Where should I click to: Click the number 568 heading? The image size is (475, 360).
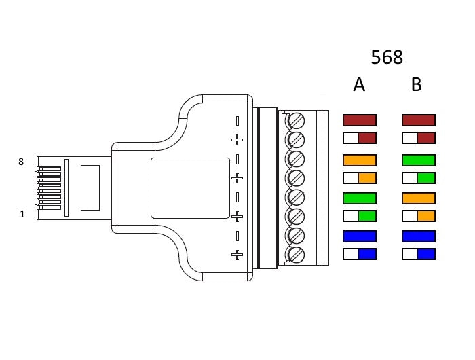(x=387, y=57)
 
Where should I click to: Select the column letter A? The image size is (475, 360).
(x=359, y=85)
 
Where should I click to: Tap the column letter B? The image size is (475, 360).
(x=417, y=85)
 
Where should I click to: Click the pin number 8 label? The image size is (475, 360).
(x=21, y=162)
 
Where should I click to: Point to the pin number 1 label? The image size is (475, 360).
(x=22, y=214)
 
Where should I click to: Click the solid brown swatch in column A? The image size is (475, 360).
(x=359, y=120)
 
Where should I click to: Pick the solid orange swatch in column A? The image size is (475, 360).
(x=359, y=161)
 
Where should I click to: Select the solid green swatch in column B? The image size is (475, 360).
(x=418, y=161)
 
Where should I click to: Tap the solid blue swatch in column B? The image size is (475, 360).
(x=418, y=236)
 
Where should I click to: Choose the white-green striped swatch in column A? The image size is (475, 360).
(x=359, y=216)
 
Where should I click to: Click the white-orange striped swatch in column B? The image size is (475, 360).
(x=418, y=216)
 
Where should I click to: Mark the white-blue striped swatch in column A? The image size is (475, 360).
(x=359, y=254)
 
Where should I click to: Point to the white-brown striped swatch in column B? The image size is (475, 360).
(x=418, y=138)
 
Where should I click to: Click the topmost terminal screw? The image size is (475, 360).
(x=296, y=121)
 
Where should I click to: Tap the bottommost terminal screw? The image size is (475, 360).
(x=296, y=255)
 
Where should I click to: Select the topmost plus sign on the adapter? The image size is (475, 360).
(x=237, y=140)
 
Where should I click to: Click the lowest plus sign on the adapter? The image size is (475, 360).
(x=237, y=255)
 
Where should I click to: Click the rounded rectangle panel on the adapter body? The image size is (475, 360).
(x=190, y=187)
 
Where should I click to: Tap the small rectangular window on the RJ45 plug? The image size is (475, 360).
(x=90, y=187)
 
